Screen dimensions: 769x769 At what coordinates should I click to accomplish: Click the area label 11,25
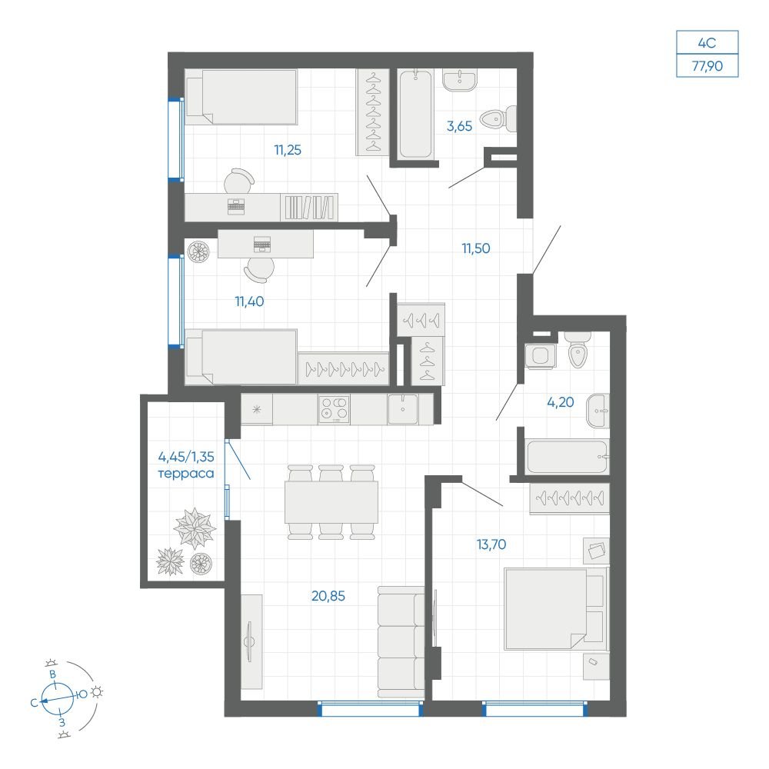pos(288,150)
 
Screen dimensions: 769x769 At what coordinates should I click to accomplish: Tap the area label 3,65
pos(459,126)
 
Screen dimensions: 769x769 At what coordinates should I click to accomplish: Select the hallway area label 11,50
pos(476,248)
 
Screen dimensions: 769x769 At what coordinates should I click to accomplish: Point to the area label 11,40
pos(249,301)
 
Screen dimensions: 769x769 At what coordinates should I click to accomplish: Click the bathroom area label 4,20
pos(560,402)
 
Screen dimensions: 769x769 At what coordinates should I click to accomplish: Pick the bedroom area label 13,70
pos(491,544)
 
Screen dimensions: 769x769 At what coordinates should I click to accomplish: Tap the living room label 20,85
pos(328,596)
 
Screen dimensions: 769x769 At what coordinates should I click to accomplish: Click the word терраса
pos(186,474)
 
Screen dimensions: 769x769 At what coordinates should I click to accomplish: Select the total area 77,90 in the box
pos(707,65)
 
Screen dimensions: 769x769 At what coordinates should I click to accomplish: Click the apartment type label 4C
pos(707,43)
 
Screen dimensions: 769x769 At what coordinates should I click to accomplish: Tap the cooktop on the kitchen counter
pos(334,410)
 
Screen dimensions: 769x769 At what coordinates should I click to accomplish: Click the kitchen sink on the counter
pos(403,409)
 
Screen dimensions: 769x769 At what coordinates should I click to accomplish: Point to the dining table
pos(331,501)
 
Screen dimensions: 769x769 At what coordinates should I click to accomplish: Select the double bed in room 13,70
pos(556,608)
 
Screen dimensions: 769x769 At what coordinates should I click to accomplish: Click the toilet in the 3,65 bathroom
pos(498,118)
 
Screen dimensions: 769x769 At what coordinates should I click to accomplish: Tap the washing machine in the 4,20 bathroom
pos(540,355)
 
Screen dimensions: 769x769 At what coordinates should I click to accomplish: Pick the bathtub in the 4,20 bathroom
pos(567,457)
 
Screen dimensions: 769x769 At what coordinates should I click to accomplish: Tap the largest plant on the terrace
pos(195,528)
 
